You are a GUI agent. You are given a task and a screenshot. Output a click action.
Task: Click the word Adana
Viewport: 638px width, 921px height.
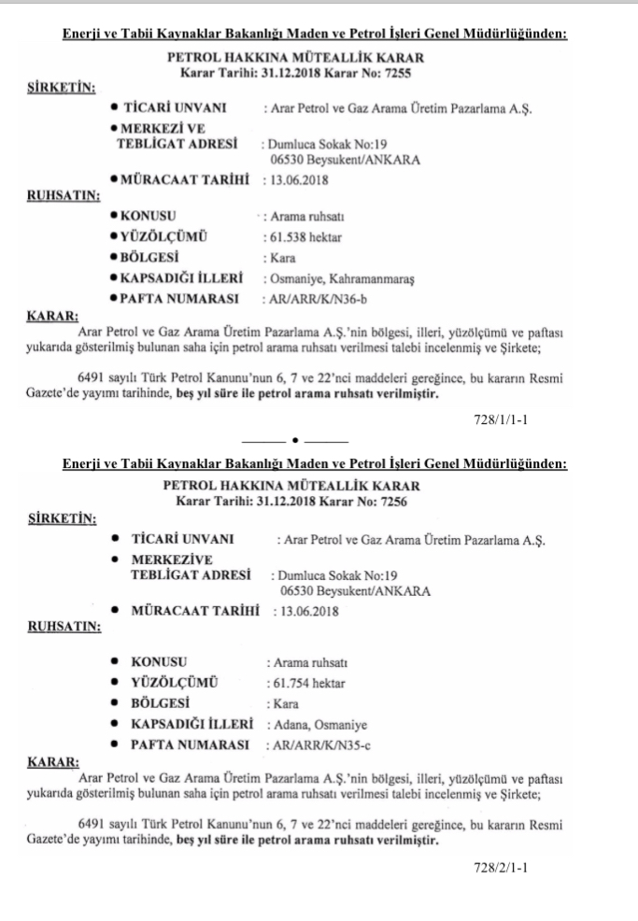click(x=287, y=724)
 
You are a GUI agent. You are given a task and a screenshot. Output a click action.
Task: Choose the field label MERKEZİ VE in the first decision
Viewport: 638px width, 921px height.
click(x=164, y=127)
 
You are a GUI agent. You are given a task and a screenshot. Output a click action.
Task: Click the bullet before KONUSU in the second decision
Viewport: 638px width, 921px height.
click(x=114, y=662)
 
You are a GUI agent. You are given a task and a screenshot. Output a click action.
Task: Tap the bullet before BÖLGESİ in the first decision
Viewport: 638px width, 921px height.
click(x=114, y=258)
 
